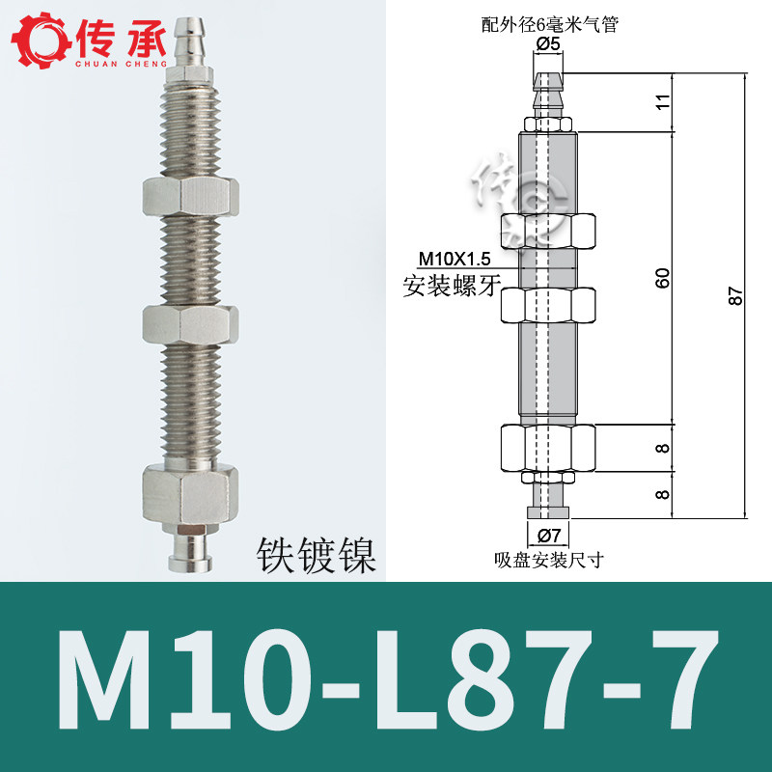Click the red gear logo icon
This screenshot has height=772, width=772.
click(41, 40)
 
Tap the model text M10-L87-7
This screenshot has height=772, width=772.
click(388, 681)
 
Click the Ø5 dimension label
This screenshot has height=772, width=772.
click(548, 44)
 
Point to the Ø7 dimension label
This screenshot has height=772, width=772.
click(548, 535)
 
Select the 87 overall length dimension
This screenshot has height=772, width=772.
click(735, 296)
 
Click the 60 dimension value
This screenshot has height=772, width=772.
click(663, 278)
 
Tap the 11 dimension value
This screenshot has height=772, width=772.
click(663, 102)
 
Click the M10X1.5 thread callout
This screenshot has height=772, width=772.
click(454, 258)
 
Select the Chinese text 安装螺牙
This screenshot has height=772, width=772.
click(452, 286)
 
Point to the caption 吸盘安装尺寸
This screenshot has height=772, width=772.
click(549, 560)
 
